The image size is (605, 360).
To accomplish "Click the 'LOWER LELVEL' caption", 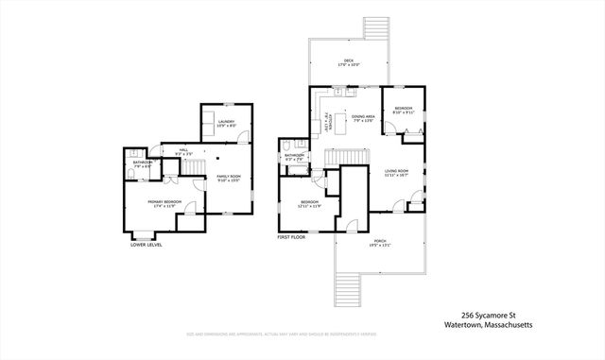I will (146, 245).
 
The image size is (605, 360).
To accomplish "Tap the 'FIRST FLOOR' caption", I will (290, 238).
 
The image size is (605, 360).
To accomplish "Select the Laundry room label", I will (225, 123).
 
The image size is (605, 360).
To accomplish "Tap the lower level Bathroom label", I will (143, 163).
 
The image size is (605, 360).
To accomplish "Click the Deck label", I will (349, 63).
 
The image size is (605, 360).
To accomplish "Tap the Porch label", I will (378, 242).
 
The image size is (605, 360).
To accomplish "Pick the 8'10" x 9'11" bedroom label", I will (404, 111).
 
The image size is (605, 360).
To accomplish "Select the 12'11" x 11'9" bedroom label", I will (311, 203).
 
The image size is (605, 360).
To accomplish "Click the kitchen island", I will (344, 123).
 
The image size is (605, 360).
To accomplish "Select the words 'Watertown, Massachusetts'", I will (489, 326).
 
